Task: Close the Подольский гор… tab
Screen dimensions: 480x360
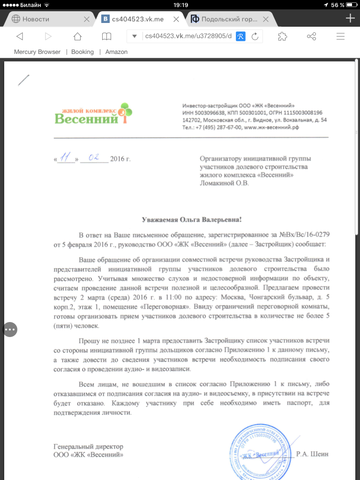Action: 266,19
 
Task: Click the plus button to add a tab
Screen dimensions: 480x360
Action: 350,18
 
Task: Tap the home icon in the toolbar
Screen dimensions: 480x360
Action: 78,37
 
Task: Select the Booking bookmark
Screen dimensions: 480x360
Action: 82,52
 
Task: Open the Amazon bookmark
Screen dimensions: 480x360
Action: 116,52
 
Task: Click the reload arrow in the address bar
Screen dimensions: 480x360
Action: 255,37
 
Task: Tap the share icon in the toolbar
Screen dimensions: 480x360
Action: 311,37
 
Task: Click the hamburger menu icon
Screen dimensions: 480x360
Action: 341,37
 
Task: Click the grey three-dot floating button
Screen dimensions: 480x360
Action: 10,330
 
